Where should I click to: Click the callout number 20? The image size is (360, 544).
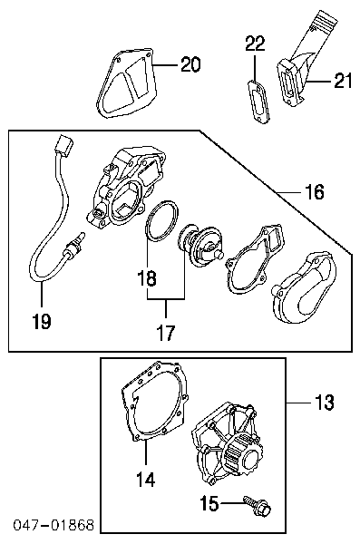[x=190, y=64]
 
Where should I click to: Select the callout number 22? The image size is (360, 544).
[x=255, y=44]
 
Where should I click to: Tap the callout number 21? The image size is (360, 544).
[x=343, y=81]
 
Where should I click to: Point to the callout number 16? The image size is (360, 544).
[x=315, y=191]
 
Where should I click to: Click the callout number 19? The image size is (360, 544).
[x=42, y=321]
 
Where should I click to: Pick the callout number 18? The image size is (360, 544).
[x=147, y=278]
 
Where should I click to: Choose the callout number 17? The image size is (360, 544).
[x=166, y=333]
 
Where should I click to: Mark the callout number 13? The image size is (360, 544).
[x=325, y=403]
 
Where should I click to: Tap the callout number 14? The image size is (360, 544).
[x=145, y=481]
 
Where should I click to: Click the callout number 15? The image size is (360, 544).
[x=209, y=503]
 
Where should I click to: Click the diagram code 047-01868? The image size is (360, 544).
[x=54, y=525]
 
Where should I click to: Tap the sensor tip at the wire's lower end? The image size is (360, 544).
[x=74, y=244]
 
